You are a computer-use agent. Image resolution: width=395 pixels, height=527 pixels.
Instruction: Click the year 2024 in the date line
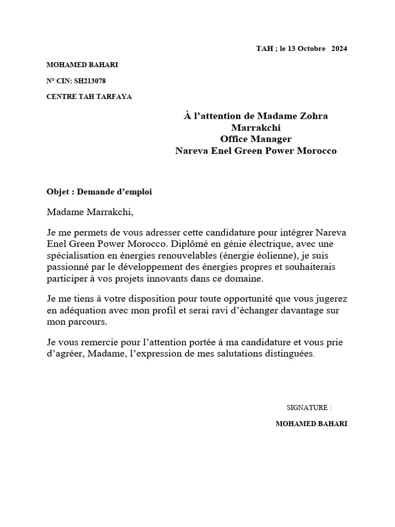click(x=339, y=49)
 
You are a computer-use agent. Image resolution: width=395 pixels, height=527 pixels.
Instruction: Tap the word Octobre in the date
click(x=311, y=49)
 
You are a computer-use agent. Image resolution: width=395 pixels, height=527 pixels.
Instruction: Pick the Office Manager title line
click(x=256, y=139)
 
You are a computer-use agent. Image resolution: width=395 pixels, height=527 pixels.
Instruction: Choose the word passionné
click(x=67, y=267)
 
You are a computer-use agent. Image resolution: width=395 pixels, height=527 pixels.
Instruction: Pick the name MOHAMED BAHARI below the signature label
click(x=311, y=424)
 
